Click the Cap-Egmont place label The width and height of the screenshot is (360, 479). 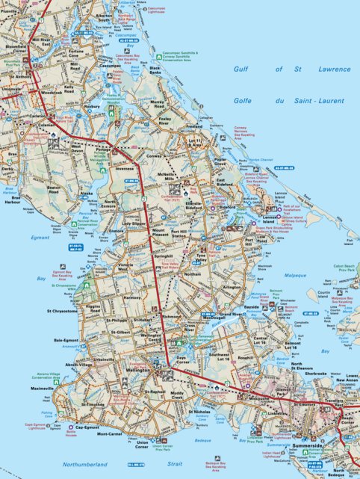pos(87,427)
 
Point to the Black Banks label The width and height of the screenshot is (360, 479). pos(155,71)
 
